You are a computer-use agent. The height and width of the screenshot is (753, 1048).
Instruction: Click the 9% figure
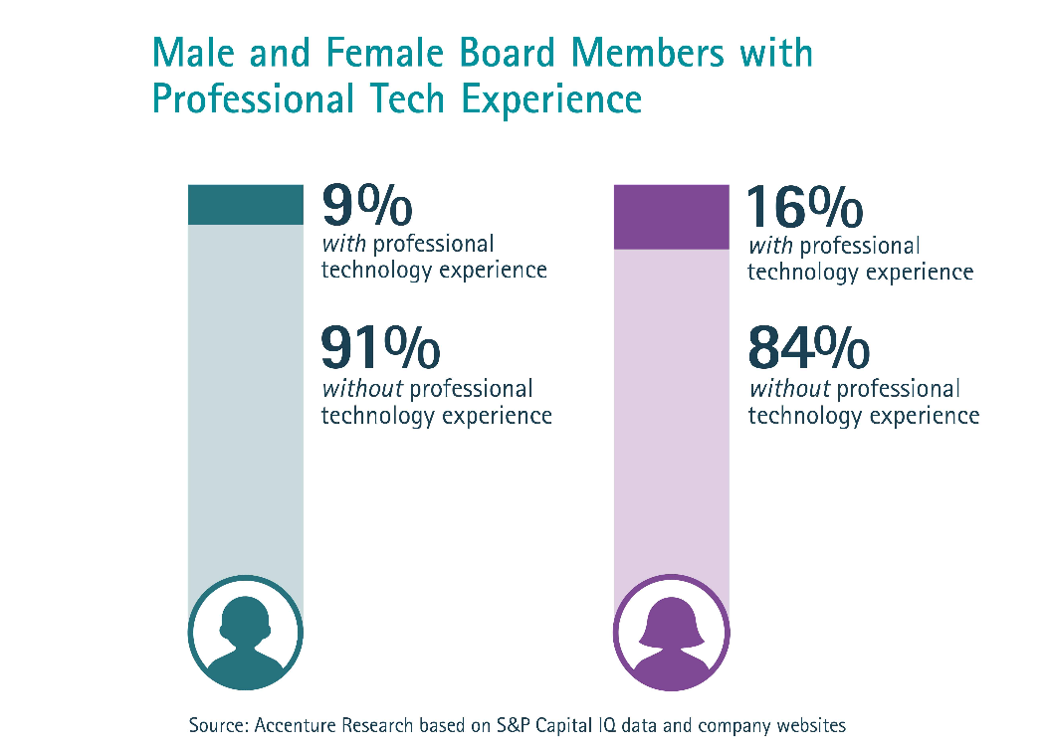tap(366, 206)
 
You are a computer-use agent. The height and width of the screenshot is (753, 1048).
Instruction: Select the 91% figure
tap(380, 348)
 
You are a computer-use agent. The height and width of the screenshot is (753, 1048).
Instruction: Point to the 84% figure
tap(808, 348)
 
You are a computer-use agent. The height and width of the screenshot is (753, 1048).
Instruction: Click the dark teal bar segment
tap(246, 204)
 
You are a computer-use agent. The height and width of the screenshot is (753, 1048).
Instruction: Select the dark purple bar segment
tap(672, 216)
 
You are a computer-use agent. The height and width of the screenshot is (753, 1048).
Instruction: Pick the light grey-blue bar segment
tap(246, 398)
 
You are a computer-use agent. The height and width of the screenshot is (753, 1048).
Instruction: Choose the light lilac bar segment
tap(672, 418)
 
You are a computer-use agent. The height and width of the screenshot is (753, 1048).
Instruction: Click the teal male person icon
tap(245, 633)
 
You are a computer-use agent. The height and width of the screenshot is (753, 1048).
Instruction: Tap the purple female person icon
tap(672, 633)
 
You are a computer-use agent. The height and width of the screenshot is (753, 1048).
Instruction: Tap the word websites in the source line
tap(807, 725)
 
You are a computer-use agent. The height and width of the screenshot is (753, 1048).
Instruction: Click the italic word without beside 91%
tap(360, 389)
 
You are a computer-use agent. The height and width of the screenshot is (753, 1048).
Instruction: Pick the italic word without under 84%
tap(788, 389)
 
